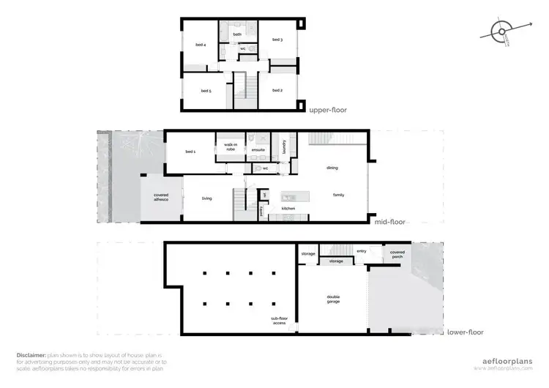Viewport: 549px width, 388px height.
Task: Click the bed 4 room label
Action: (200, 45)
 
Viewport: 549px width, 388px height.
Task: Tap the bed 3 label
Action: (277, 40)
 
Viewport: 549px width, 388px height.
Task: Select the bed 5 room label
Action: (206, 91)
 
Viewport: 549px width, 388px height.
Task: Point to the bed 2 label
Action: (277, 90)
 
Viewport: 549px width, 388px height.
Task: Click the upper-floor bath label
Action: (237, 34)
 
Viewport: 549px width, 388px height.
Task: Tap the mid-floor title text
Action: (389, 222)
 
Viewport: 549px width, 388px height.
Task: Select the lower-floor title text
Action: (465, 332)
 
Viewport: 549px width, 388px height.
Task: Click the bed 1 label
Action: (190, 152)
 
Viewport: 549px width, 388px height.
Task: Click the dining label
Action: (332, 168)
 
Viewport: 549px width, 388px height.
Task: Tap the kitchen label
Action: (288, 209)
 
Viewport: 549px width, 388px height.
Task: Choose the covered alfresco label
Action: (161, 197)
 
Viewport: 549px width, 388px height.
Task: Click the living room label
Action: (207, 198)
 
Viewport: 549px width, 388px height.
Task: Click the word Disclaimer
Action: (31, 354)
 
